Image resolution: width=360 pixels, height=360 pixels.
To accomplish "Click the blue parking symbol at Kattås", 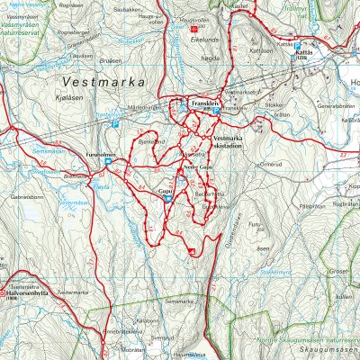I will [297, 44].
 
